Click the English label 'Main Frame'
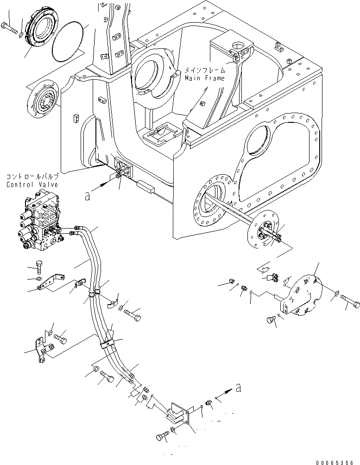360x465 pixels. coord(204,78)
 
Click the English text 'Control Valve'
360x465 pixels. coord(32,185)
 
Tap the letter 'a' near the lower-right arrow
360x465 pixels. coord(238,389)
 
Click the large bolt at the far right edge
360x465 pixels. coord(350,305)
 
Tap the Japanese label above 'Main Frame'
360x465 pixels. coord(205,70)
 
